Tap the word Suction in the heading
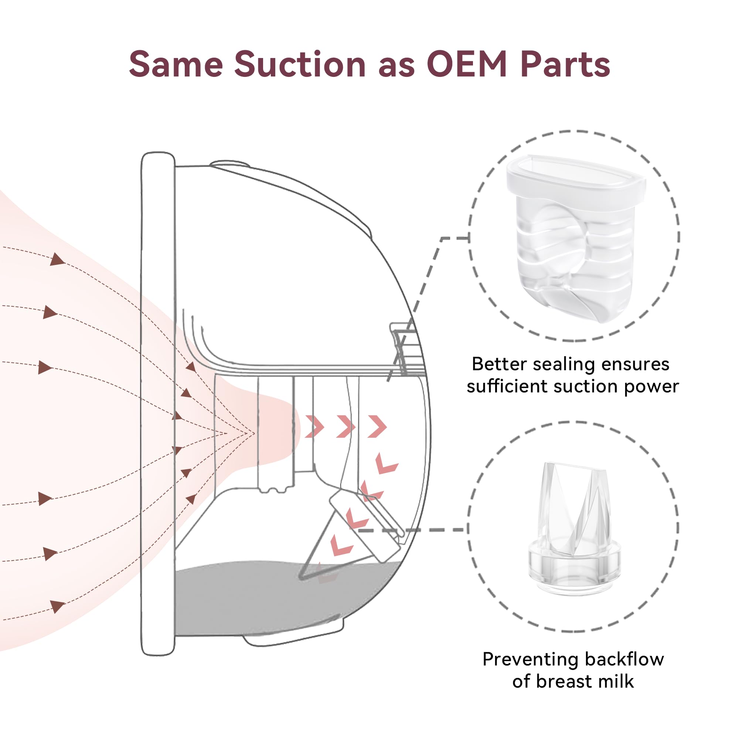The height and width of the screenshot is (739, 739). click(300, 64)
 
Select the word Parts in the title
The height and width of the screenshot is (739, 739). click(565, 64)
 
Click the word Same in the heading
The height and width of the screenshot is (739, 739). click(176, 64)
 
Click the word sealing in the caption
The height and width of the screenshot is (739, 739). click(564, 365)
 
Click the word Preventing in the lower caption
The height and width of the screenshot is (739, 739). click(531, 660)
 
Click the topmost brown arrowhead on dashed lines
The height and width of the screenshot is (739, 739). click(57, 259)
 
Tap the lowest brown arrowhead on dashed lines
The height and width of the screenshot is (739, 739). click(57, 607)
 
